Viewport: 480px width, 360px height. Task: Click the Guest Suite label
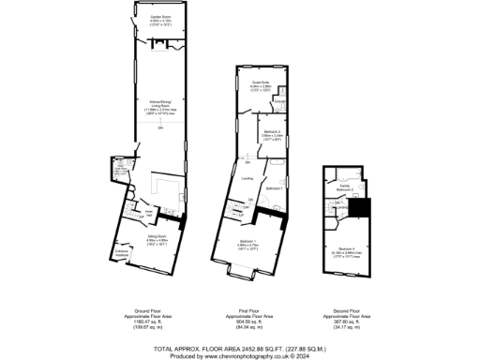tap(260, 83)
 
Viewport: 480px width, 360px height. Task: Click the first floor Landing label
tap(247, 177)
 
